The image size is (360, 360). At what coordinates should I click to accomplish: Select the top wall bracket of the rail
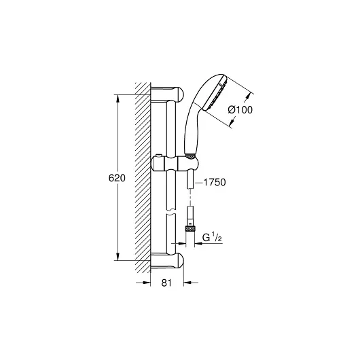168,94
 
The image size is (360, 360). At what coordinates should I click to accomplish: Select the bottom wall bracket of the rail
168,261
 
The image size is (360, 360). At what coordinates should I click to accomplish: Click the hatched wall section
142,177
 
